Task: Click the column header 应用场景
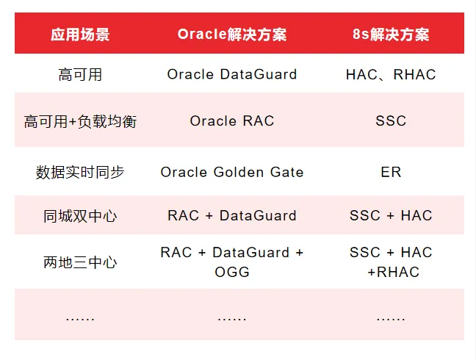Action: coord(80,35)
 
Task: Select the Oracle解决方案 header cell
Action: coord(232,35)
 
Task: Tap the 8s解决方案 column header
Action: coord(391,35)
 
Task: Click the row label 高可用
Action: coord(80,74)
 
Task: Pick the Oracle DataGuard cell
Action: coord(232,74)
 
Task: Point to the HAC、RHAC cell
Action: coord(391,74)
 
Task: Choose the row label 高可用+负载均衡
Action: coord(80,121)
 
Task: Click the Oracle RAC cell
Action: coord(232,121)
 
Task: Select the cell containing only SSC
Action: coord(391,121)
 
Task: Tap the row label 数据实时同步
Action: coord(80,172)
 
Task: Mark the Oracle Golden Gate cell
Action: coord(232,172)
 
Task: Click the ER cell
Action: coord(391,172)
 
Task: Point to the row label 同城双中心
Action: coord(80,216)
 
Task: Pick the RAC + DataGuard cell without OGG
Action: coord(232,216)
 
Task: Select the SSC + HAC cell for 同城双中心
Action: coord(391,216)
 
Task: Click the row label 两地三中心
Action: coord(80,262)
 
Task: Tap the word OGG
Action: coord(232,273)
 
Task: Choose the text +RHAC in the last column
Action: coord(393,273)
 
